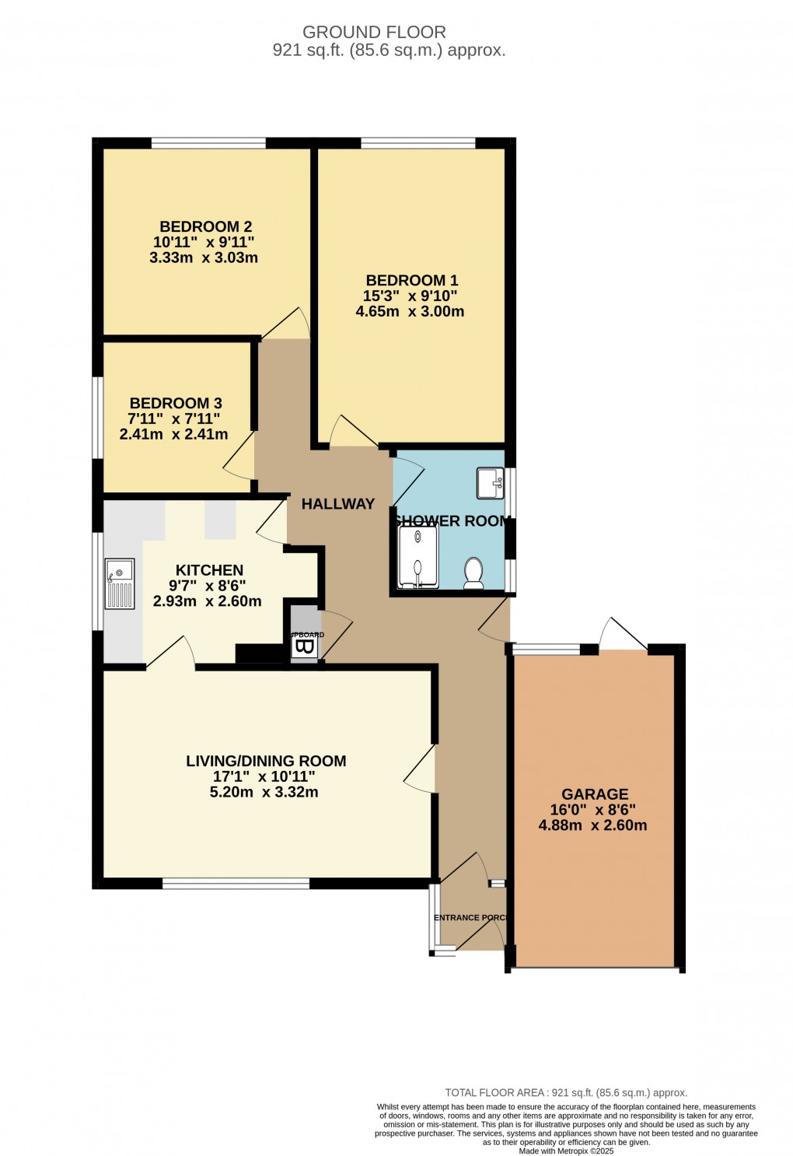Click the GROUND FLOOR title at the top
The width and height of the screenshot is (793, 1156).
[374, 33]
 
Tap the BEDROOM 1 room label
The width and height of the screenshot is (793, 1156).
[411, 280]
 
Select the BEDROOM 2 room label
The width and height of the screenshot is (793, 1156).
[205, 226]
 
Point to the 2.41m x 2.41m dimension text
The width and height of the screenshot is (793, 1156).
[173, 434]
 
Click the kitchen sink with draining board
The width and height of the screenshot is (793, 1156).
[120, 583]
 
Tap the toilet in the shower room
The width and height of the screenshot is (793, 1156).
[473, 573]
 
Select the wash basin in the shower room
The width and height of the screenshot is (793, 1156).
[491, 482]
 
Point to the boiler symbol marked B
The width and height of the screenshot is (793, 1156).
[305, 647]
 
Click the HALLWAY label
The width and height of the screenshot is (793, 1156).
[337, 504]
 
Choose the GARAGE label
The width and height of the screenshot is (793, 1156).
[595, 794]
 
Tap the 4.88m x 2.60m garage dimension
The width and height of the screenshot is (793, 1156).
[592, 825]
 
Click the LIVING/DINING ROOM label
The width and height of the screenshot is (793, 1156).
[266, 761]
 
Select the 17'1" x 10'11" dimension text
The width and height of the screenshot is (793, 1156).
[264, 776]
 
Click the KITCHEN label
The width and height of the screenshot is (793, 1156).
[209, 570]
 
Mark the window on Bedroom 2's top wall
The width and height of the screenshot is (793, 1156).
[208, 143]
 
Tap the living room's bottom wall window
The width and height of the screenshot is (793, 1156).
[236, 883]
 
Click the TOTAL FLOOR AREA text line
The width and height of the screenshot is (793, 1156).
[565, 1093]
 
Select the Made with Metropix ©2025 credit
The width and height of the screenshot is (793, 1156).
[565, 1151]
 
